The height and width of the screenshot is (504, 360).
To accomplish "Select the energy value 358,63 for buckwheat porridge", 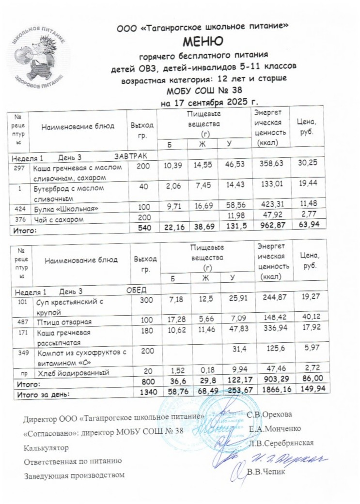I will point(271,164).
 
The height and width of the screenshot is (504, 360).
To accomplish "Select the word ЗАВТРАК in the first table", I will point(128,155).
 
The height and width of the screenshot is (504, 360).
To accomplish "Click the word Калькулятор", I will point(47,447).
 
